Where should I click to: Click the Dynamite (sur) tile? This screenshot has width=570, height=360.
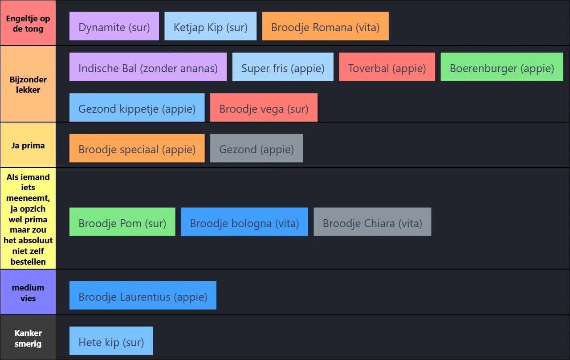[x=114, y=26]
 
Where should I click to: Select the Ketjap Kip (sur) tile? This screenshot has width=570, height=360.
[x=210, y=26]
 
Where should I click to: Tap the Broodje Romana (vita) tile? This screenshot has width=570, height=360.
[x=325, y=26]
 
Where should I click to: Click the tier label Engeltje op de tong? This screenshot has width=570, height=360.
[x=28, y=23]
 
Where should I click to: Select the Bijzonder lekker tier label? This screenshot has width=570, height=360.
[x=28, y=84]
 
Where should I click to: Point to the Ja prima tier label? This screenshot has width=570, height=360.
[x=28, y=145]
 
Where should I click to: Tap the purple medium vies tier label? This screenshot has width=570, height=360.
[x=28, y=292]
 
